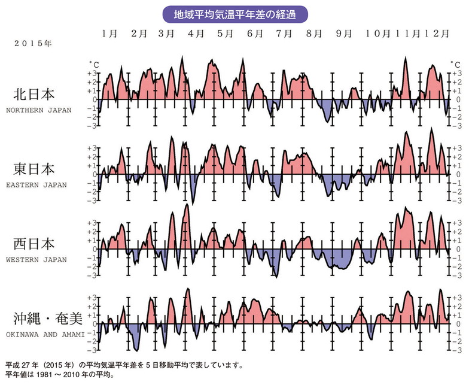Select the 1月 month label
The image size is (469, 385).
click(109, 34)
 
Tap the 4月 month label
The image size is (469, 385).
click(196, 34)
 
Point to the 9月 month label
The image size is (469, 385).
click(343, 34)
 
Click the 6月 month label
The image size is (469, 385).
click(255, 34)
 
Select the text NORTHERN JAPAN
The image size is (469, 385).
click(38, 110)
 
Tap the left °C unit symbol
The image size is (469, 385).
click(93, 63)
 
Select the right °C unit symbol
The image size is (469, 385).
click(456, 63)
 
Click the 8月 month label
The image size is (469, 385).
click(313, 34)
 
